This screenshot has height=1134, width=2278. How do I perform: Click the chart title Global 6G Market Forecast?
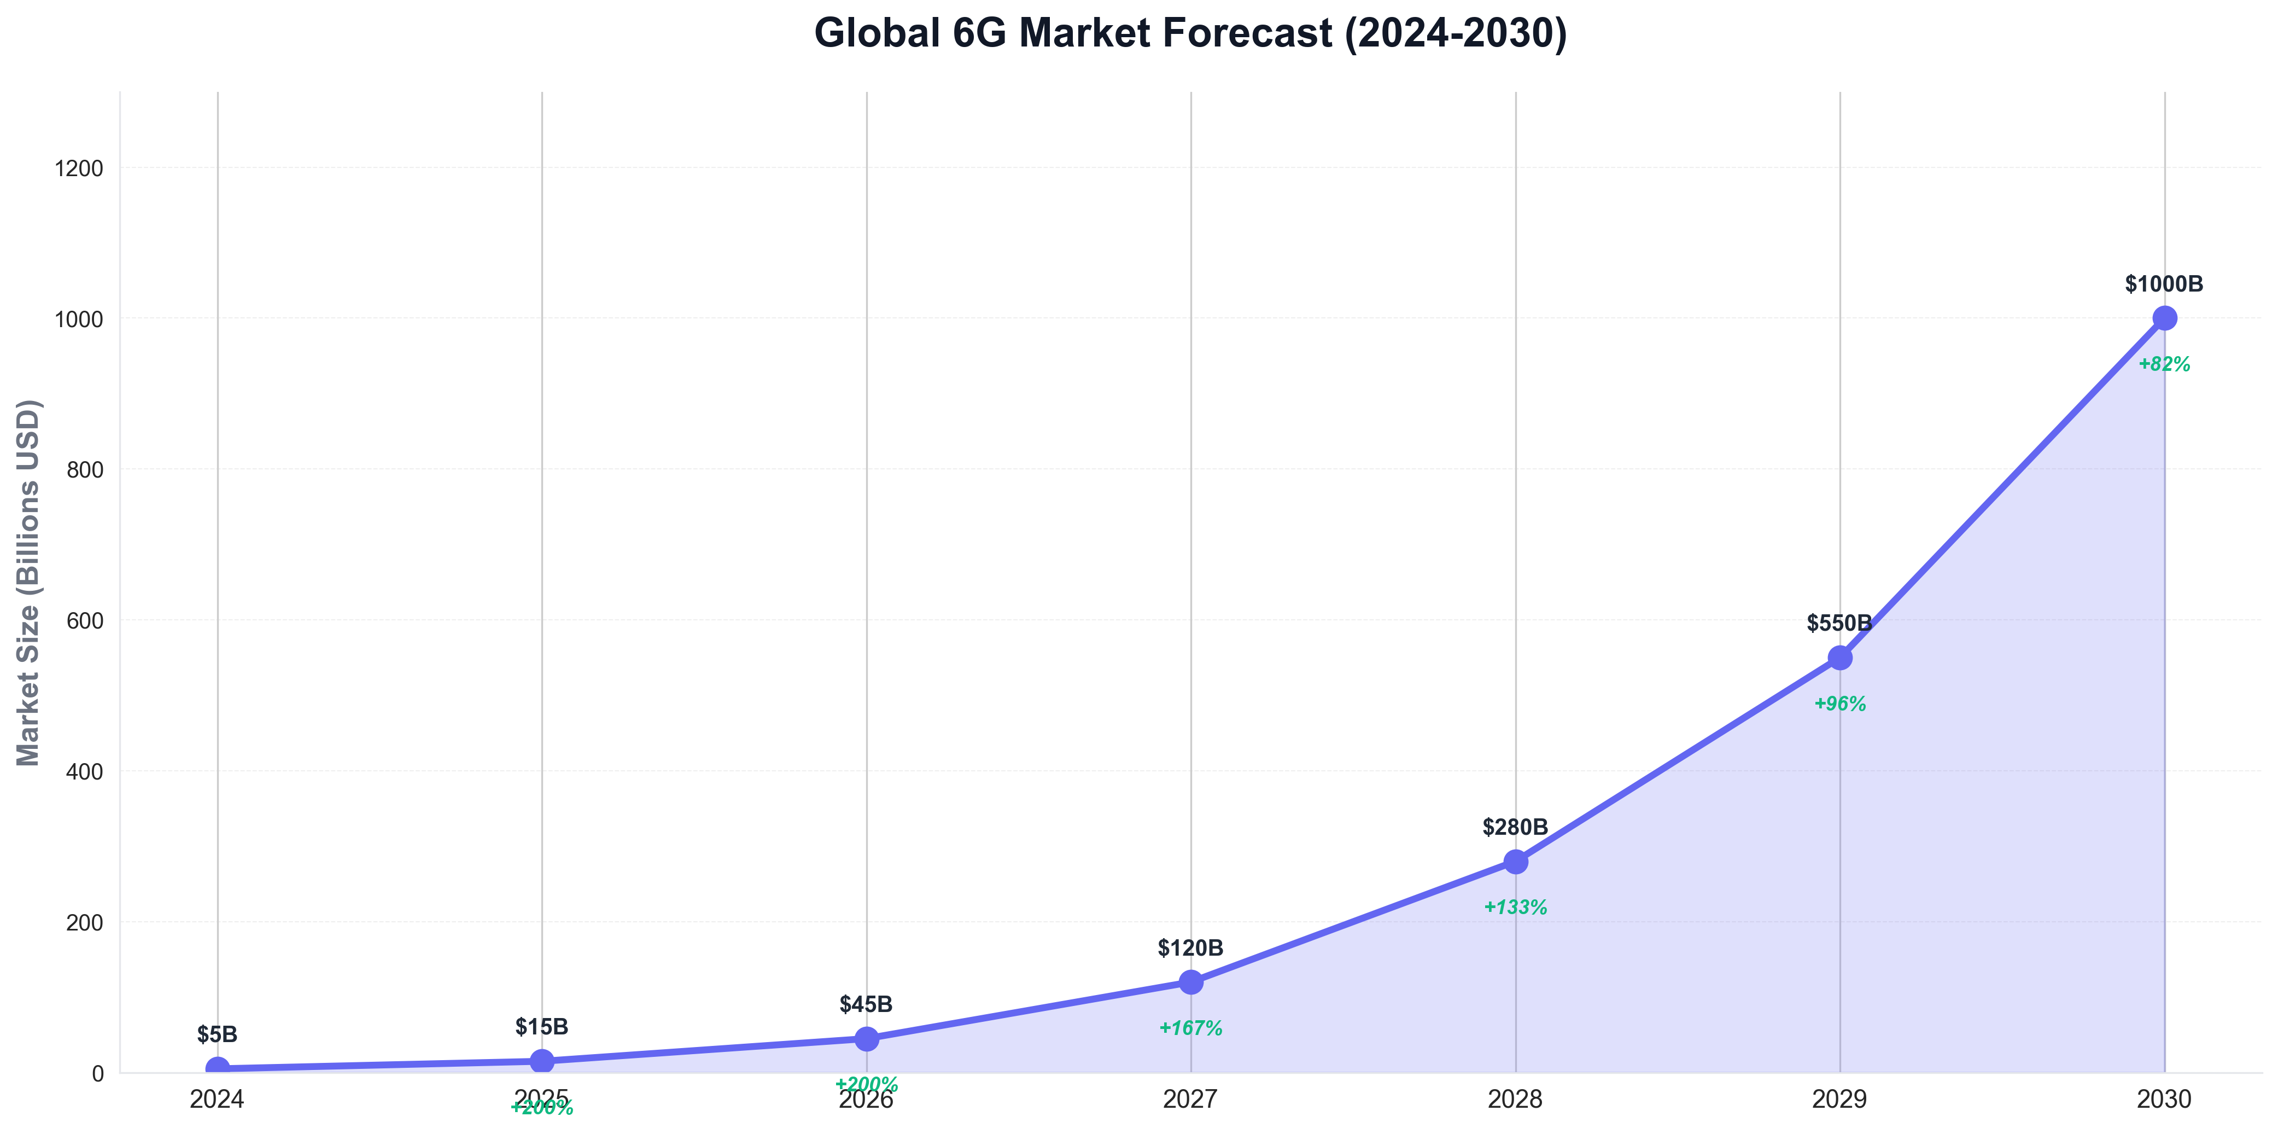point(1190,33)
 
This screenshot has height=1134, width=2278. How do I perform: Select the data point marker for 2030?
point(2164,318)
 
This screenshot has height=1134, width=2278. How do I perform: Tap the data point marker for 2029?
point(1839,657)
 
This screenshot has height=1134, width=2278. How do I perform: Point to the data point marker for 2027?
point(1190,982)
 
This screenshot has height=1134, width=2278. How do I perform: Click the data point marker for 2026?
point(867,1038)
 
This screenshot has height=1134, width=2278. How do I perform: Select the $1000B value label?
point(2164,284)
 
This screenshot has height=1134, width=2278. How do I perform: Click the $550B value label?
point(1839,624)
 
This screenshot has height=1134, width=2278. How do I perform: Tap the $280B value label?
point(1515,827)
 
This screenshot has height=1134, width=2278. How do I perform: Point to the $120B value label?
point(1190,948)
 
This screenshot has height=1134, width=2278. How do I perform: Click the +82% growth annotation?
point(2164,364)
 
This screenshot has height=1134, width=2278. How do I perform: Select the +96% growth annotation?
point(1839,704)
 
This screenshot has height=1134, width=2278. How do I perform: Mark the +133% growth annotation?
point(1515,908)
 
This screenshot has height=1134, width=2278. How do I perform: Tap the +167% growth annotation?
point(1190,1029)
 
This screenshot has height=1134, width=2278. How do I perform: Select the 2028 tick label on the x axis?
point(1515,1100)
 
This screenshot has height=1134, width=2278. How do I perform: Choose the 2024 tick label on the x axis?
point(218,1100)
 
